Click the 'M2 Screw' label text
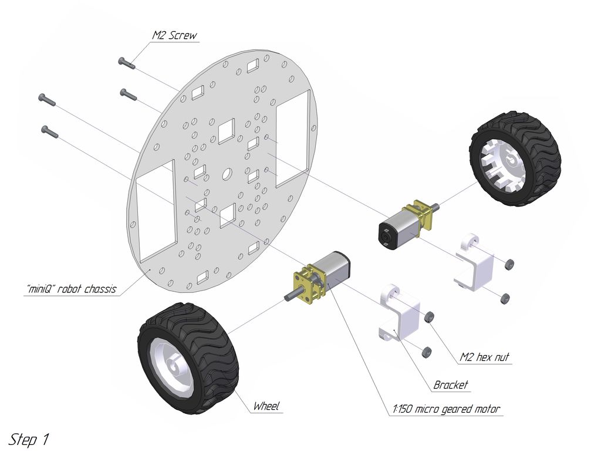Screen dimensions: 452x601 pyautogui.click(x=174, y=35)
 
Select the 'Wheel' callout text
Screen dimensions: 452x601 pyautogui.click(x=266, y=406)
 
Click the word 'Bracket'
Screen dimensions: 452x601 pyautogui.click(x=451, y=385)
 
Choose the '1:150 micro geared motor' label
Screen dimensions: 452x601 pyautogui.click(x=447, y=409)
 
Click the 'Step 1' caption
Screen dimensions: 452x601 pyautogui.click(x=29, y=439)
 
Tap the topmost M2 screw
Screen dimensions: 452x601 pyautogui.click(x=127, y=63)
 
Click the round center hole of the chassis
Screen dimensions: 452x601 pyautogui.click(x=227, y=174)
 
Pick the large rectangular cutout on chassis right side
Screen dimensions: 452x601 pyautogui.click(x=292, y=137)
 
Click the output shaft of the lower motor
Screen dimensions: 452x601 pyautogui.click(x=291, y=295)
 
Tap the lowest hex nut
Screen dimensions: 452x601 pyautogui.click(x=426, y=352)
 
